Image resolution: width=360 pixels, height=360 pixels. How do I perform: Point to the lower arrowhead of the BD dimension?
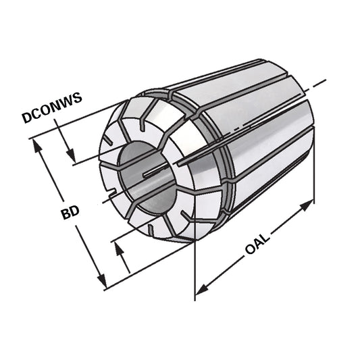point(102,284)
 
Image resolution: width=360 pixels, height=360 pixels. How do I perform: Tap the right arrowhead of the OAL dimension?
point(310,204)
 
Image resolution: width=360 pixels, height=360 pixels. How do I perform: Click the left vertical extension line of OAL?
point(195,270)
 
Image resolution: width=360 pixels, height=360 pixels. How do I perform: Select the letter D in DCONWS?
point(26,118)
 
